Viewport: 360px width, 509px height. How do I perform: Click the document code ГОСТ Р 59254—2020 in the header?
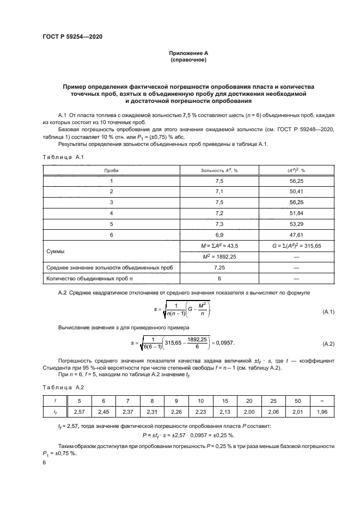point(72,36)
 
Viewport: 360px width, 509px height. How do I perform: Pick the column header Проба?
point(112,170)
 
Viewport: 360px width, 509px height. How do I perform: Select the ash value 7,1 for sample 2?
point(219,192)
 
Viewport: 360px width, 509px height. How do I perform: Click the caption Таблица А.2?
point(62,388)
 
